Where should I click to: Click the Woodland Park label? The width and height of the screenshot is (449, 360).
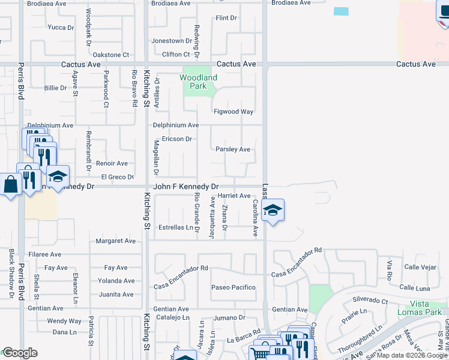point(199,82)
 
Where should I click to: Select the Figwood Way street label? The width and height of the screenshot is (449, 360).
point(234,112)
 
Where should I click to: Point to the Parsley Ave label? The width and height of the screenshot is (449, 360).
point(233,149)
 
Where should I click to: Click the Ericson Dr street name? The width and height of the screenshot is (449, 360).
point(172,139)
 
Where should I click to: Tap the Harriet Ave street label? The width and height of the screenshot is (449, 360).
point(234,196)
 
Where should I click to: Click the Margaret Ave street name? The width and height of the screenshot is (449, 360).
point(116,241)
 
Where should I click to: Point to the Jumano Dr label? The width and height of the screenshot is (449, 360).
point(230,317)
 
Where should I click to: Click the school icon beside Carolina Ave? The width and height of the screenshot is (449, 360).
point(273,211)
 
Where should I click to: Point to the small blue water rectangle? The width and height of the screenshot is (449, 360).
point(340,11)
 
